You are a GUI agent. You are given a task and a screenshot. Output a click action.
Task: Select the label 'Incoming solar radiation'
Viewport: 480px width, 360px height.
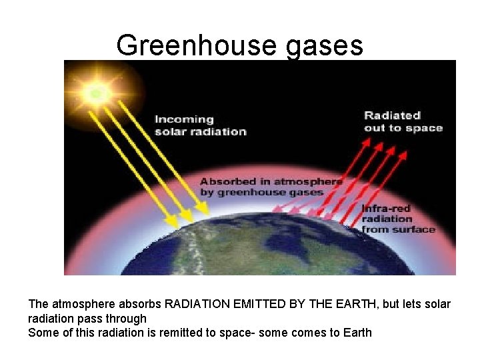(x=201, y=125)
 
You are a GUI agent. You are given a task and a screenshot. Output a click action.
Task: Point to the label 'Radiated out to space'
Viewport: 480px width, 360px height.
(x=403, y=121)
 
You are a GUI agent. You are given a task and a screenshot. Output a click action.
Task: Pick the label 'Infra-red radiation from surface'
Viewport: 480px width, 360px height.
(x=398, y=219)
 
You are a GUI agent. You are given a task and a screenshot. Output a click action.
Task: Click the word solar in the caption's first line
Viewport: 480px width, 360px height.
(x=438, y=304)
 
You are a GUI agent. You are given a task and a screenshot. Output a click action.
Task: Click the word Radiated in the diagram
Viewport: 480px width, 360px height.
(x=392, y=115)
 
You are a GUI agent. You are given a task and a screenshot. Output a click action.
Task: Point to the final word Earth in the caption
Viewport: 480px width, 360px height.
(x=357, y=332)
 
